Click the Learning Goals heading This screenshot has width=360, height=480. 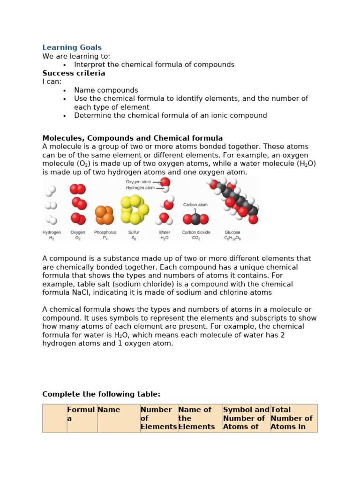[72, 48]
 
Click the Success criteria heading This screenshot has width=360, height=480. [74, 74]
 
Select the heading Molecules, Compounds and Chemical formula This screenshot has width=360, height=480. [132, 138]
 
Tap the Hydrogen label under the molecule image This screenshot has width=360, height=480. [52, 232]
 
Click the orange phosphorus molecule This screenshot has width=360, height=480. [104, 215]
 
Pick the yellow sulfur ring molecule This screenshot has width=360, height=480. [134, 210]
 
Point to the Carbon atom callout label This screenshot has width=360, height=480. [195, 205]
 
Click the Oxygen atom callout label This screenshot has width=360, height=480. [138, 182]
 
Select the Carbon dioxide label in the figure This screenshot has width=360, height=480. [196, 232]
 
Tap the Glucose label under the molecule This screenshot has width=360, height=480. [232, 232]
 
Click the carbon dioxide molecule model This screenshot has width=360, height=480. [196, 219]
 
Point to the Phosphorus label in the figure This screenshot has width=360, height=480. [105, 232]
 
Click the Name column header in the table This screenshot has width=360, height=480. [109, 410]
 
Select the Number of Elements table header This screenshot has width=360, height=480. [158, 418]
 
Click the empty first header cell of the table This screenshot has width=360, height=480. [54, 418]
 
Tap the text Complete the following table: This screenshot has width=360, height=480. [101, 394]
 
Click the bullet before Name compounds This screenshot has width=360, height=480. [64, 90]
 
